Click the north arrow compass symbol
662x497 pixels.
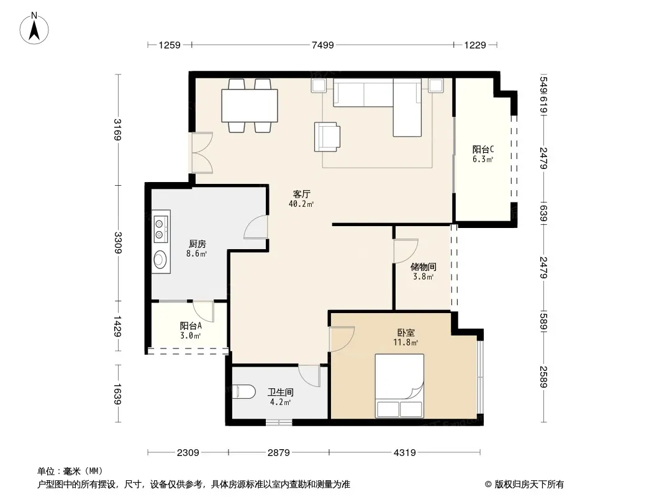click(34, 29)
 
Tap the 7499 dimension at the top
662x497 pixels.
click(322, 45)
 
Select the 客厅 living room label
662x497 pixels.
click(301, 194)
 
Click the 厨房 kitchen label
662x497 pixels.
click(197, 244)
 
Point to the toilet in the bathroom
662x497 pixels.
click(244, 392)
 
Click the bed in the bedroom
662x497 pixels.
click(399, 386)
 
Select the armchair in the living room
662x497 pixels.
click(327, 137)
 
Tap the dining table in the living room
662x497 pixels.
click(250, 106)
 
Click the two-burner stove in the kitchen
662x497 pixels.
click(161, 229)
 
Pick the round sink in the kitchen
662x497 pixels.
click(160, 259)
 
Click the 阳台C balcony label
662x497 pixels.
click(483, 150)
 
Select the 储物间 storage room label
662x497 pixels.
click(423, 267)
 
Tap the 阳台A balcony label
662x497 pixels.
click(191, 326)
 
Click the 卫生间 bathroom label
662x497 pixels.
click(280, 392)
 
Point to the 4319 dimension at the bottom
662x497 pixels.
click(404, 453)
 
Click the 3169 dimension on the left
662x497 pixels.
click(118, 130)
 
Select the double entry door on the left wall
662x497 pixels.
click(202, 153)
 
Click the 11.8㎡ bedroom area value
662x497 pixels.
click(406, 342)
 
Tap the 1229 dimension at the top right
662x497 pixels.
click(475, 45)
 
